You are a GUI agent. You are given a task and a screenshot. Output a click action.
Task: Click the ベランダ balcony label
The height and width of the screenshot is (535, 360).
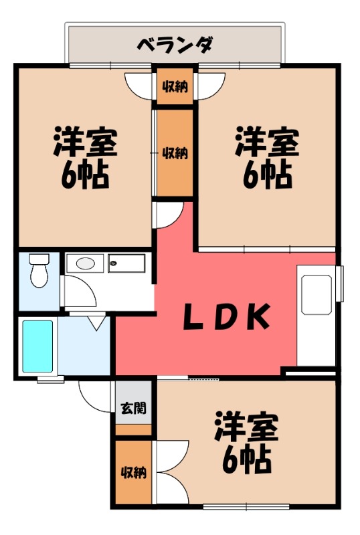pos(175,45)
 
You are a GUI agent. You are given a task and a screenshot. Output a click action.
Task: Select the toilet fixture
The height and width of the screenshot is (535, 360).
pos(39,271)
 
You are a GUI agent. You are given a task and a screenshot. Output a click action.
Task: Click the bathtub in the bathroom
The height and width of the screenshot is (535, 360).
pos(37,346)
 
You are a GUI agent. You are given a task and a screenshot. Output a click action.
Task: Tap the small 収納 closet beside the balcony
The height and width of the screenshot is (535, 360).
pos(175,86)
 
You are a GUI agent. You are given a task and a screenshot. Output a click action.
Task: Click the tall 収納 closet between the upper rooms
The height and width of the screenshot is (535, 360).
pos(175,152)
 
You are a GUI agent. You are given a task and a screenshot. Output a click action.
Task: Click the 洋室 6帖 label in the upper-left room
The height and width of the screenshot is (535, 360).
pos(85,157)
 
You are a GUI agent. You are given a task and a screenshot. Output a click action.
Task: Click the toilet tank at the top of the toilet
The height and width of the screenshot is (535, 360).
pos(39,258)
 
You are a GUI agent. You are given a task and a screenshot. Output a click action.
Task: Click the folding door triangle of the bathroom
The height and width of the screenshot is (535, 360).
pos(96,323)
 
